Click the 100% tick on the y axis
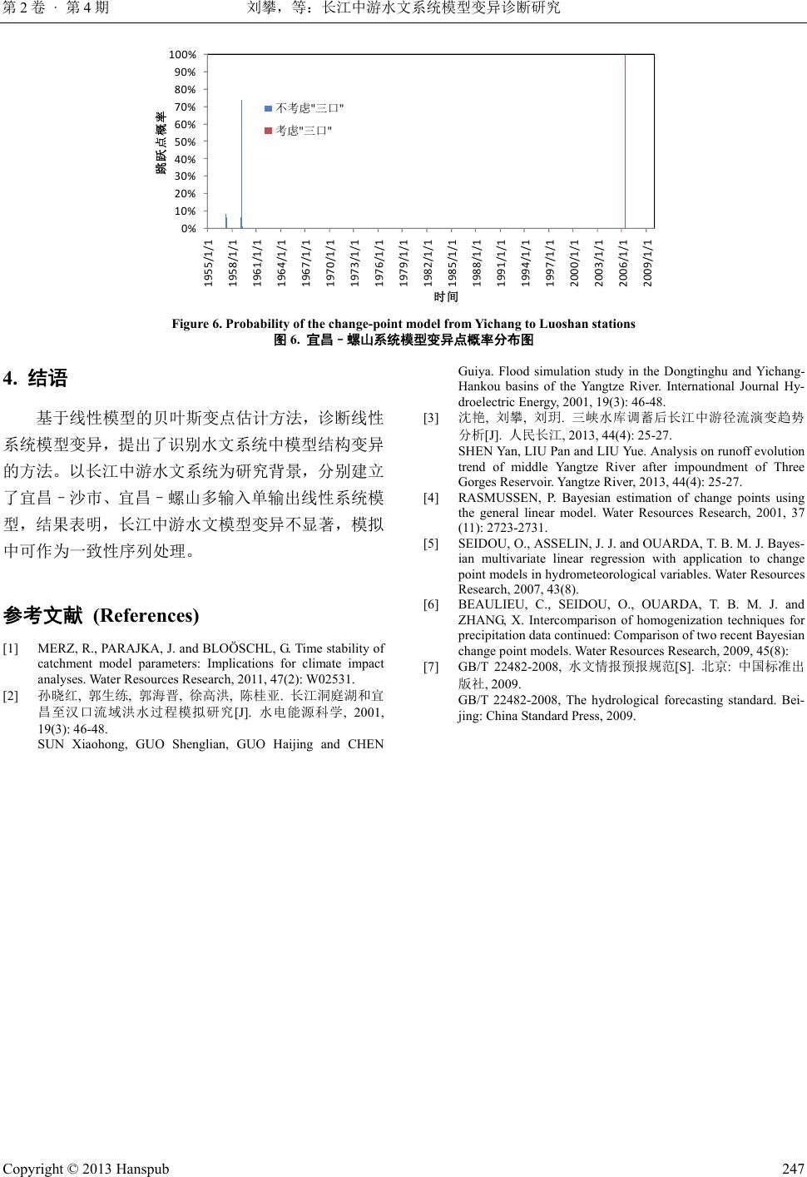(x=182, y=54)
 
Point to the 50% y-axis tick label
(x=185, y=142)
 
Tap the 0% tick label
(x=188, y=228)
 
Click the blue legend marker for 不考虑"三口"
(x=268, y=108)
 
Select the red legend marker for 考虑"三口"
(x=268, y=131)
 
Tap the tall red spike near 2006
(x=625, y=142)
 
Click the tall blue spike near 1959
(x=241, y=162)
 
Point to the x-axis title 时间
(x=446, y=296)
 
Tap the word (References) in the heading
(x=146, y=616)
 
